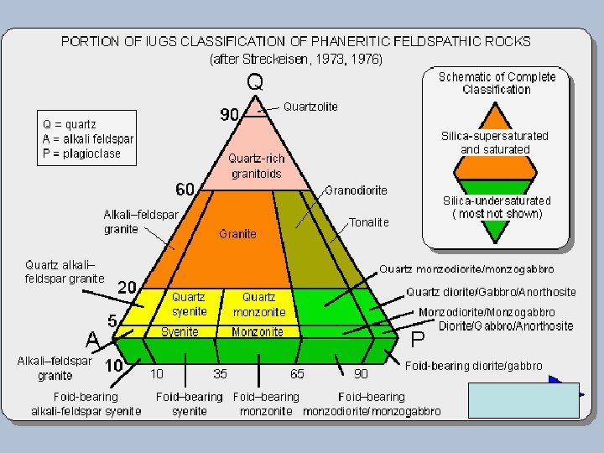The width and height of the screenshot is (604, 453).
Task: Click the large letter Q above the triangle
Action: coord(256,81)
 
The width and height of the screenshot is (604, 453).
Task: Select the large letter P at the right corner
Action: coord(418,340)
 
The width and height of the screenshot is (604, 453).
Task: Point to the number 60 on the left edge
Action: coord(185,186)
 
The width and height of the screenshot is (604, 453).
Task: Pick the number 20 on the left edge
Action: coord(128,287)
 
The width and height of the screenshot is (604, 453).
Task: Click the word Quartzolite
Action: coord(310,107)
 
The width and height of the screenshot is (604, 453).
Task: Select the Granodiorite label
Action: coord(356,190)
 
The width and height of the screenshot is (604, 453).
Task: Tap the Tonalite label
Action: coord(369,222)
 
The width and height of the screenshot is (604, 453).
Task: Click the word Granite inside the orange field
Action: coord(237,234)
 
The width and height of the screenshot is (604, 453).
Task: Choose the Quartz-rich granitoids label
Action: coord(257,166)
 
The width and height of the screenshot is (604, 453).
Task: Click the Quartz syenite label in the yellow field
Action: coord(188,305)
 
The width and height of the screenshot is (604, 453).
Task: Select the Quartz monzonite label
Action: coord(259,305)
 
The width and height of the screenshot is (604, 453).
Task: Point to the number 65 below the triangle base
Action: coord(296,372)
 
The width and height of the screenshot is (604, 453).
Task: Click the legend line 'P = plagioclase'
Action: coord(82,154)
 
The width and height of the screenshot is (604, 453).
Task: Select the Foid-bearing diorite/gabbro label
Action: coord(473,366)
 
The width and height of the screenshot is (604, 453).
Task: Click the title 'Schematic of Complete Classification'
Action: coord(497,83)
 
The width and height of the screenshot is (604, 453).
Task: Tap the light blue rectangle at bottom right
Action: coord(523,400)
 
